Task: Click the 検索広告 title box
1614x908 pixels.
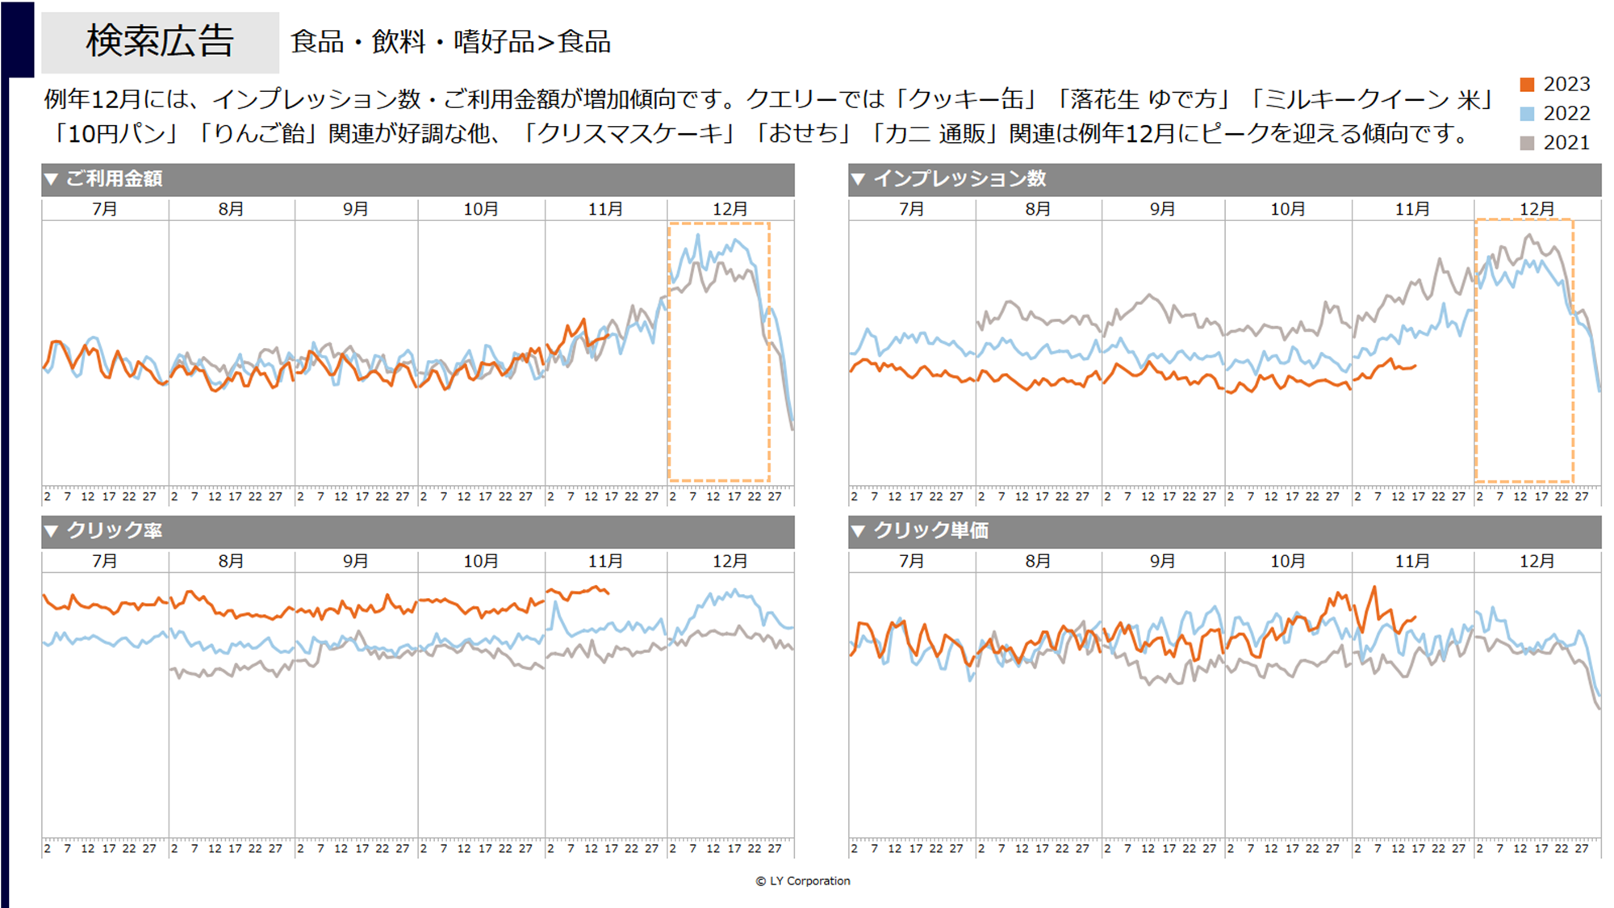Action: [160, 42]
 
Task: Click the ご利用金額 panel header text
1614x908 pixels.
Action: [114, 179]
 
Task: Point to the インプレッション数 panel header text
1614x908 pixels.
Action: [960, 179]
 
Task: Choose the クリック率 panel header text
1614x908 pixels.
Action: [114, 531]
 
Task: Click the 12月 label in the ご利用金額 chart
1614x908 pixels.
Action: [730, 210]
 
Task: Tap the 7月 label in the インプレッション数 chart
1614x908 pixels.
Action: [911, 210]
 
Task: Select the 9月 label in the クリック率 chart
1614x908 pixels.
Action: [355, 562]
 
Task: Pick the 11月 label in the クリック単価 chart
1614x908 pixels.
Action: [1412, 562]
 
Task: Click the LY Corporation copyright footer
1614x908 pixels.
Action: [803, 881]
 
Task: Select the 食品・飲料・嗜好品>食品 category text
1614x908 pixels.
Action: [450, 42]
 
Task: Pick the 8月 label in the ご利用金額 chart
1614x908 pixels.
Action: [231, 210]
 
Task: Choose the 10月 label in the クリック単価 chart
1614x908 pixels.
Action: [1287, 562]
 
